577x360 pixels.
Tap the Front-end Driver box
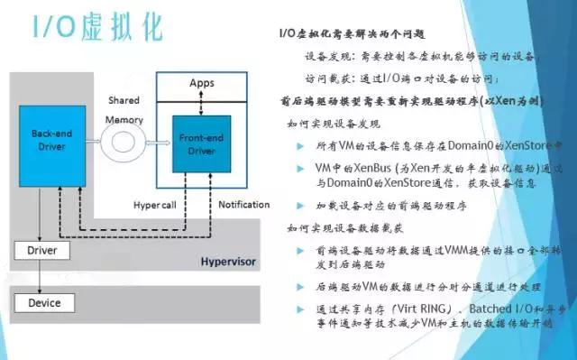[x=200, y=145]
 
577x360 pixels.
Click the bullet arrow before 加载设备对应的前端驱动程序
[x=300, y=206]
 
